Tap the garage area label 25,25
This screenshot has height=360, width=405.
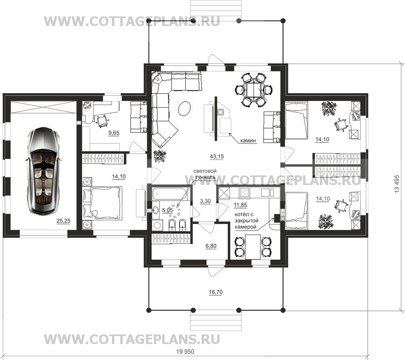pyautogui.click(x=64, y=221)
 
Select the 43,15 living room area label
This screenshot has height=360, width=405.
pyautogui.click(x=217, y=157)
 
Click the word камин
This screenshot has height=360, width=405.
pyautogui.click(x=248, y=141)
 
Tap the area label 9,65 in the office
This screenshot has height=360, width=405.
pyautogui.click(x=114, y=133)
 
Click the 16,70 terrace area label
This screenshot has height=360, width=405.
pyautogui.click(x=215, y=292)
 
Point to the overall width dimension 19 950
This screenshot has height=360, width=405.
pyautogui.click(x=185, y=352)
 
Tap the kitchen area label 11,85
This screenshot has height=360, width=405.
pyautogui.click(x=240, y=205)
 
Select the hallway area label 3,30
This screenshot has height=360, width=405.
pyautogui.click(x=205, y=201)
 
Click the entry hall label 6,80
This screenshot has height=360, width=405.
pyautogui.click(x=211, y=246)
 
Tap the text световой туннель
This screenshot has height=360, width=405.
pyautogui.click(x=205, y=174)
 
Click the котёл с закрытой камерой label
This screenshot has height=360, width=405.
pyautogui.click(x=247, y=221)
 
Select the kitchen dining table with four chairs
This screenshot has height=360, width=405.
pyautogui.click(x=253, y=247)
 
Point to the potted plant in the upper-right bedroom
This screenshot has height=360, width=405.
pyautogui.click(x=329, y=109)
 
